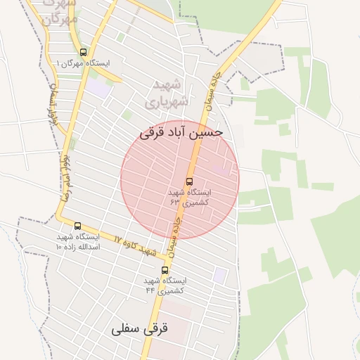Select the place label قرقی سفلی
pos(140,328)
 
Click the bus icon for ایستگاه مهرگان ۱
pos(84,52)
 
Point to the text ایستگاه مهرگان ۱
pos(83,64)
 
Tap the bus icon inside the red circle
pos(188,180)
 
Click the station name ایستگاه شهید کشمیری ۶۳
pos(189,196)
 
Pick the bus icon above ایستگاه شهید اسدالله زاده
pos(77,226)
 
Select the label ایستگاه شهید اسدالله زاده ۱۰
pos(78,243)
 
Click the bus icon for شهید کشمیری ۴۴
pos(165,270)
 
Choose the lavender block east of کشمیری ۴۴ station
pos(220,275)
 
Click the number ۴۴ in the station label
pos(150,290)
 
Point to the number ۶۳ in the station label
pos(175,201)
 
